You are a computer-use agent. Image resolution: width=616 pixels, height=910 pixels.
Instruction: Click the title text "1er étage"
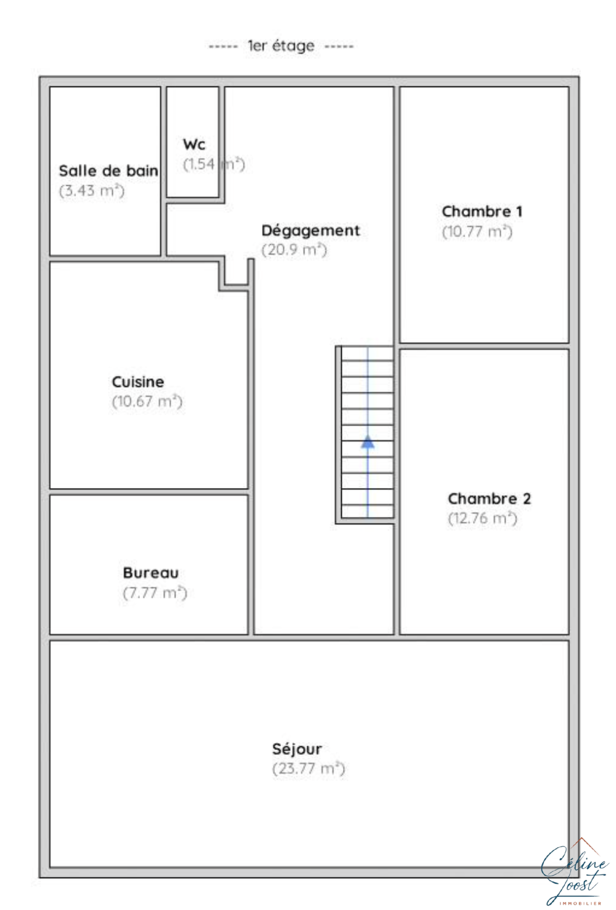point(281,46)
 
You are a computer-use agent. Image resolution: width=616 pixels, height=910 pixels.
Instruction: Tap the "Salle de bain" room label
point(109,171)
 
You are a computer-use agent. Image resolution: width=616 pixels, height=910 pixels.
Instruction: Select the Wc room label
point(194,144)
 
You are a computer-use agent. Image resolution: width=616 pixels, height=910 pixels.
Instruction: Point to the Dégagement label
point(310,231)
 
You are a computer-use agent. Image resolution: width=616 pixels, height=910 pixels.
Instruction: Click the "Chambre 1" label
point(482,211)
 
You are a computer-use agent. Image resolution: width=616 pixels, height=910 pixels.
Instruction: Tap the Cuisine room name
point(138,382)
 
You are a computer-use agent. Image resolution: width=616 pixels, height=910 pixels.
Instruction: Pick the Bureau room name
point(151,573)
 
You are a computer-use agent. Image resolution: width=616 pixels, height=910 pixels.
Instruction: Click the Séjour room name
point(297,749)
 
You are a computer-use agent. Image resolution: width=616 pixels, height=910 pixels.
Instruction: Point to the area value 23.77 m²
point(309,769)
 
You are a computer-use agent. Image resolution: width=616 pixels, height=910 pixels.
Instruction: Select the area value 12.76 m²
point(482,518)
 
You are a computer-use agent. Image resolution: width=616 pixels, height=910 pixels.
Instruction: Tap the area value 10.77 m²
point(477,231)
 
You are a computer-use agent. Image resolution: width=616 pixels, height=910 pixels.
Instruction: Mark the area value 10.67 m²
point(147,401)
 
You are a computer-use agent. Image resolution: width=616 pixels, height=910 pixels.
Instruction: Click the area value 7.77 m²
point(155,592)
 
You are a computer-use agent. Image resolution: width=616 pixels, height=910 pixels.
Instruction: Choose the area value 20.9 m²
point(294,250)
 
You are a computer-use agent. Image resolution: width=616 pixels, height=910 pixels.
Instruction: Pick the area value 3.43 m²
point(92,191)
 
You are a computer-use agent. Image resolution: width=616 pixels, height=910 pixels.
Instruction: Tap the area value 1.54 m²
point(214,164)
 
